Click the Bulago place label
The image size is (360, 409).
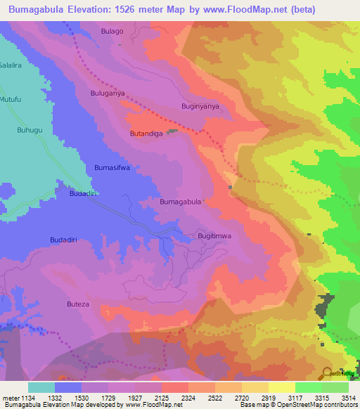click(112, 32)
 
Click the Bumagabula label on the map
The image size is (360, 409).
click(181, 202)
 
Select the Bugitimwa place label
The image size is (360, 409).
click(214, 236)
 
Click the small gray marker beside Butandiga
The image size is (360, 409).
click(172, 131)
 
